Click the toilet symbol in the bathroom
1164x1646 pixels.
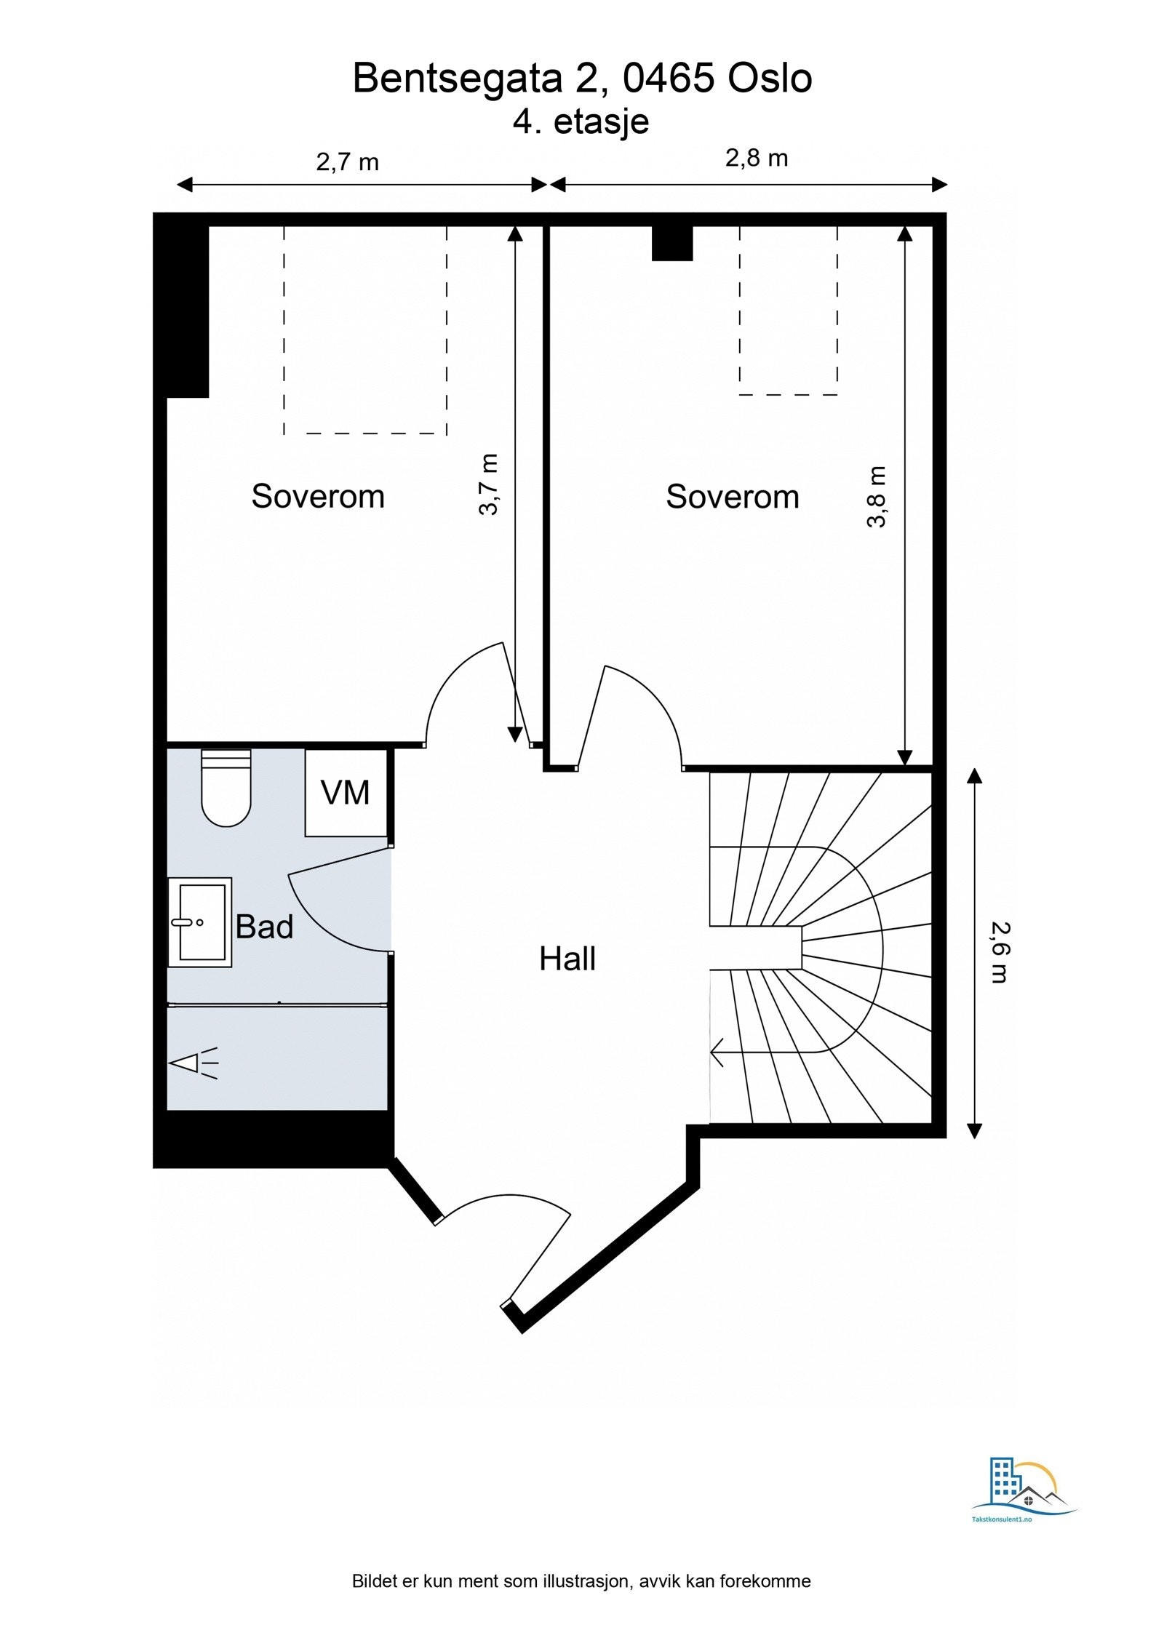[x=226, y=789]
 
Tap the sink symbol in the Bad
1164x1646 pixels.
[x=199, y=922]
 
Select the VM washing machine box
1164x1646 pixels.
[x=346, y=793]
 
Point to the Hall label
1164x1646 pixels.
[x=567, y=959]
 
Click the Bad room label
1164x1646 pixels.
[x=264, y=927]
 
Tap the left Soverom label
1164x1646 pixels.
[x=318, y=497]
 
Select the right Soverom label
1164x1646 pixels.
[x=732, y=498]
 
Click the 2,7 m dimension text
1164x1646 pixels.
[x=348, y=161]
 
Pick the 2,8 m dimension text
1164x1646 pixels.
[x=757, y=158]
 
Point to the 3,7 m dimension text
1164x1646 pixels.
[x=489, y=484]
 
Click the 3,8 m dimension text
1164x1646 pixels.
[x=877, y=497]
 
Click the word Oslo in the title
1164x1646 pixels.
[x=770, y=79]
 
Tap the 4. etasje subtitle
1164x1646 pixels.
[x=581, y=121]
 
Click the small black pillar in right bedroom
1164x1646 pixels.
[x=671, y=243]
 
